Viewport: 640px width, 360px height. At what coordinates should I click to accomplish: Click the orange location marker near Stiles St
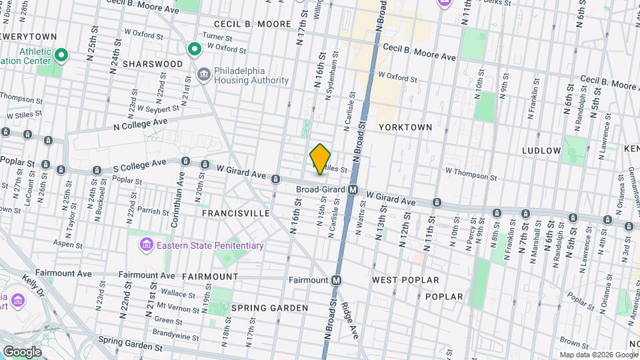click(x=321, y=159)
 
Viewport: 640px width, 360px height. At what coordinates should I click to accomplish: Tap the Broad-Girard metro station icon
click(x=354, y=190)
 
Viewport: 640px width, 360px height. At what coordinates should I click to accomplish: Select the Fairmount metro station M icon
click(x=337, y=281)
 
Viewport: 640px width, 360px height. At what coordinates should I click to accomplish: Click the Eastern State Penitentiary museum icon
click(x=145, y=246)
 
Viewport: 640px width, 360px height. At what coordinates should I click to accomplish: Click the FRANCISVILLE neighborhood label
click(x=236, y=213)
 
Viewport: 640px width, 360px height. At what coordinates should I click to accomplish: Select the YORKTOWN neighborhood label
click(x=405, y=127)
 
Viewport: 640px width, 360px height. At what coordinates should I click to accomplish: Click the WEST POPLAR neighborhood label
click(x=405, y=280)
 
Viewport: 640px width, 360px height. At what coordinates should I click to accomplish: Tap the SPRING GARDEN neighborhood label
click(x=269, y=308)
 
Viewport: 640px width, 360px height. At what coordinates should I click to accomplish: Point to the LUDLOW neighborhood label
click(x=541, y=151)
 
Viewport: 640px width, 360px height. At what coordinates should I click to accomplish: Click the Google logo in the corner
click(x=22, y=351)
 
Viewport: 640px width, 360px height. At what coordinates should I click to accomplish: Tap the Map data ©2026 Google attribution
click(x=599, y=355)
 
